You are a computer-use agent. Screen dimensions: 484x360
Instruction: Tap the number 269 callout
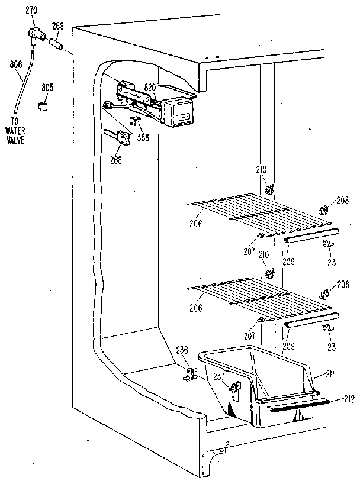pos(59,25)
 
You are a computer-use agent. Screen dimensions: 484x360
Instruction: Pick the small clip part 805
pos(43,106)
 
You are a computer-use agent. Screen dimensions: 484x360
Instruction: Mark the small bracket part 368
pos(134,124)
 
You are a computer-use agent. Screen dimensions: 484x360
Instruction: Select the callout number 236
pos(181,350)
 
